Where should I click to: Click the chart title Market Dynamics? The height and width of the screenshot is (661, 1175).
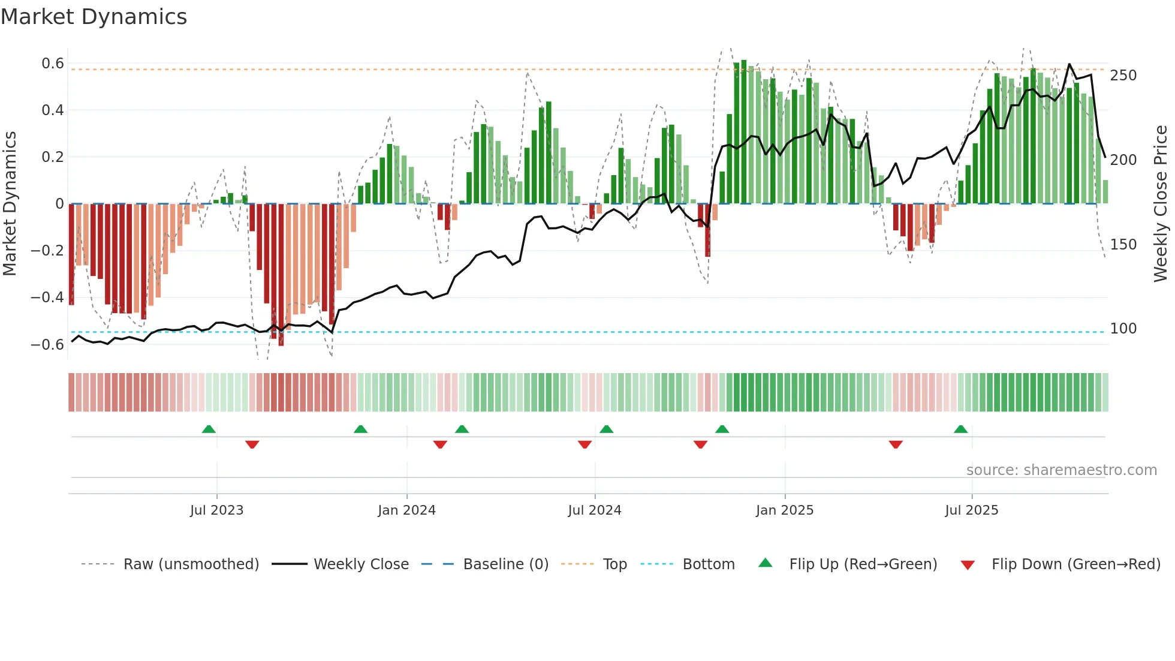pyautogui.click(x=94, y=17)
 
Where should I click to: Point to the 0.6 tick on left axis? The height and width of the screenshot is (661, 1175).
pyautogui.click(x=53, y=64)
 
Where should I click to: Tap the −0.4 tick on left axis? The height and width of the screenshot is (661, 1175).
pyautogui.click(x=47, y=298)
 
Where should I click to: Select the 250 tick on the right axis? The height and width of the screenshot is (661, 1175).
pyautogui.click(x=1123, y=76)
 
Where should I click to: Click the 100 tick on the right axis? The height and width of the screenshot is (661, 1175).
pyautogui.click(x=1123, y=329)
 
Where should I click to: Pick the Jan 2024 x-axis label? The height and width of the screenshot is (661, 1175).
pyautogui.click(x=406, y=510)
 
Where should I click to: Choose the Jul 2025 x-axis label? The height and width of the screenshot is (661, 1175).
pyautogui.click(x=971, y=510)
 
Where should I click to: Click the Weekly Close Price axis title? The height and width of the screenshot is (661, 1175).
pyautogui.click(x=1161, y=204)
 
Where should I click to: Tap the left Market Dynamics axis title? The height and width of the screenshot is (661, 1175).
pyautogui.click(x=10, y=204)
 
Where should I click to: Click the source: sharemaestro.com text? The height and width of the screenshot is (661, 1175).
pyautogui.click(x=1061, y=470)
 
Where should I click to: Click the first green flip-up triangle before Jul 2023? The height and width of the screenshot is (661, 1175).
pyautogui.click(x=209, y=429)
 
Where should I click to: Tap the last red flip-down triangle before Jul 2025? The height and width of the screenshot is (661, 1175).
pyautogui.click(x=896, y=444)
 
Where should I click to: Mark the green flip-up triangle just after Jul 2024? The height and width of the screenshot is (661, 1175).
pyautogui.click(x=606, y=429)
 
